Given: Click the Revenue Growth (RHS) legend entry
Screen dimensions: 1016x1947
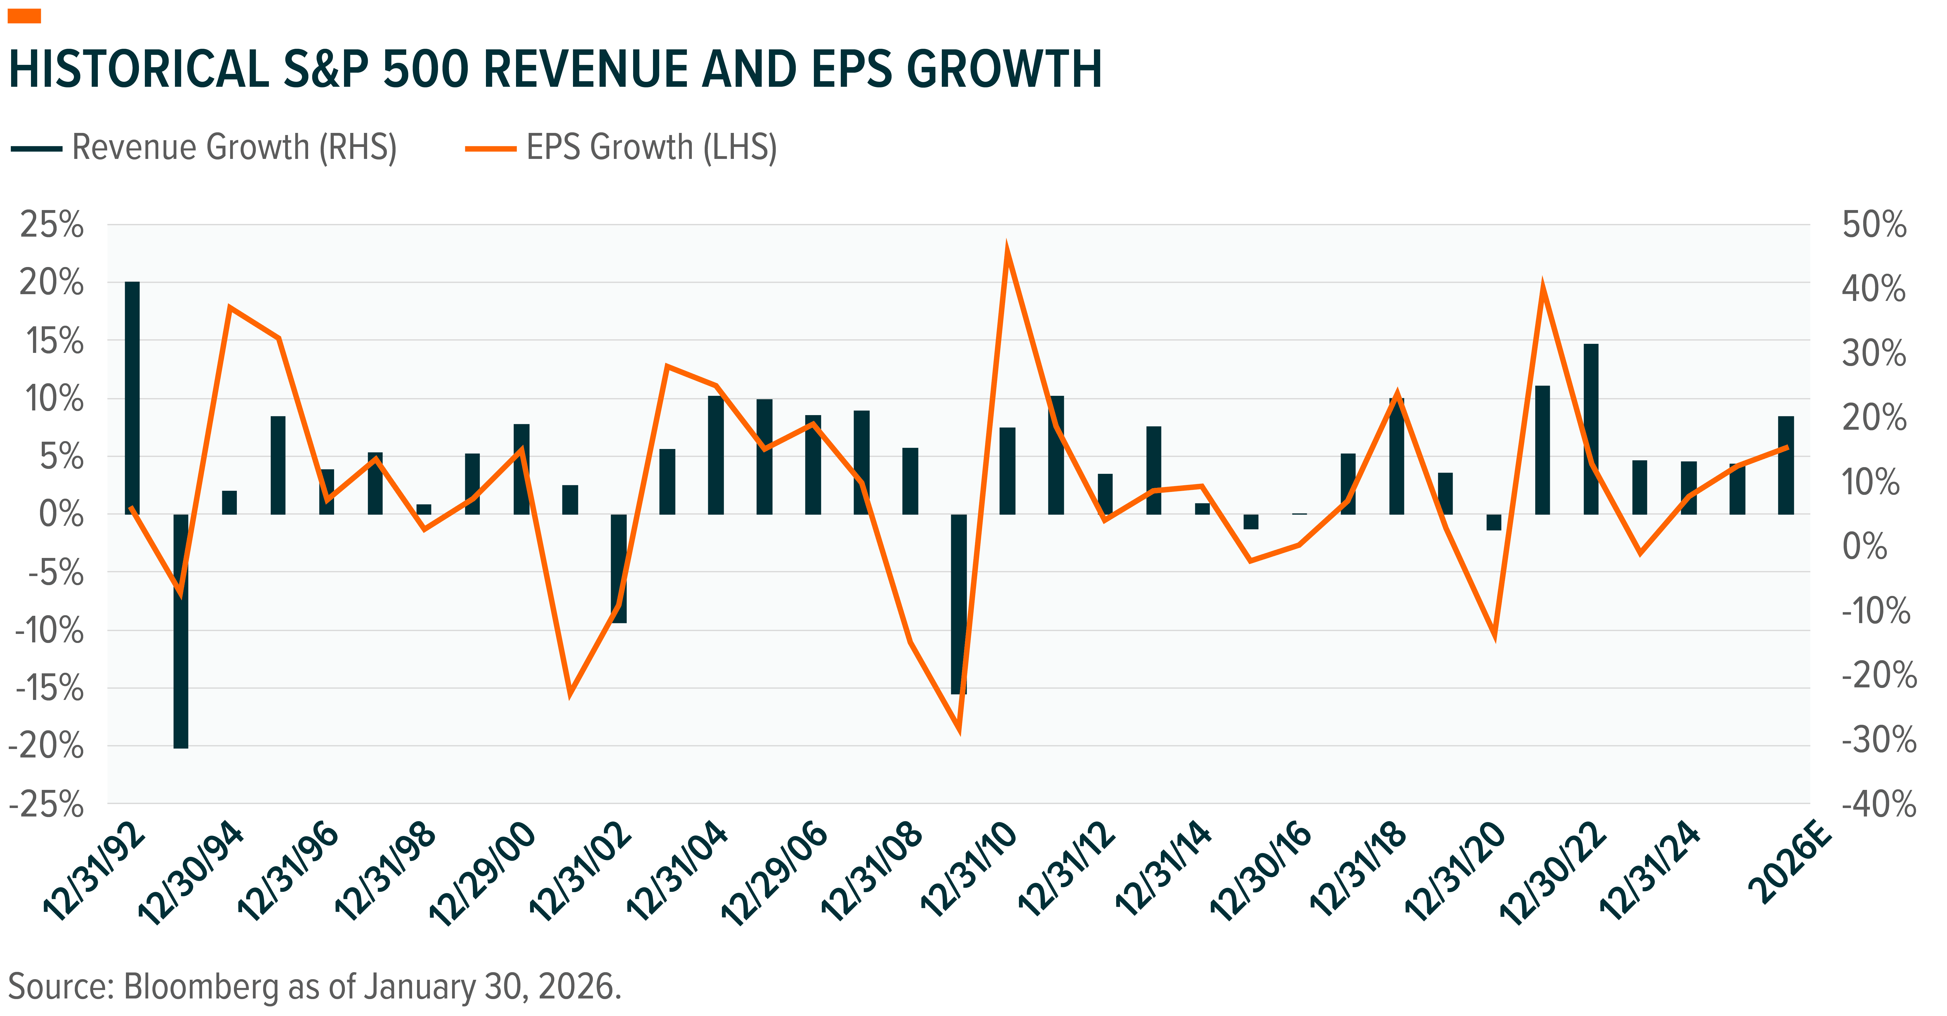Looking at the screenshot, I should (204, 148).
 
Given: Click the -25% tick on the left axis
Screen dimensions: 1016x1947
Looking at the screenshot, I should (45, 804).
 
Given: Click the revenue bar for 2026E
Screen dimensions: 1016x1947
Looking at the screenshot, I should (1786, 465).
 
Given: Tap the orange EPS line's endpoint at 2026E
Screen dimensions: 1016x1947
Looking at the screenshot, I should (1786, 448).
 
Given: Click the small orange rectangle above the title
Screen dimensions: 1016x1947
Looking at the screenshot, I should (24, 16).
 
